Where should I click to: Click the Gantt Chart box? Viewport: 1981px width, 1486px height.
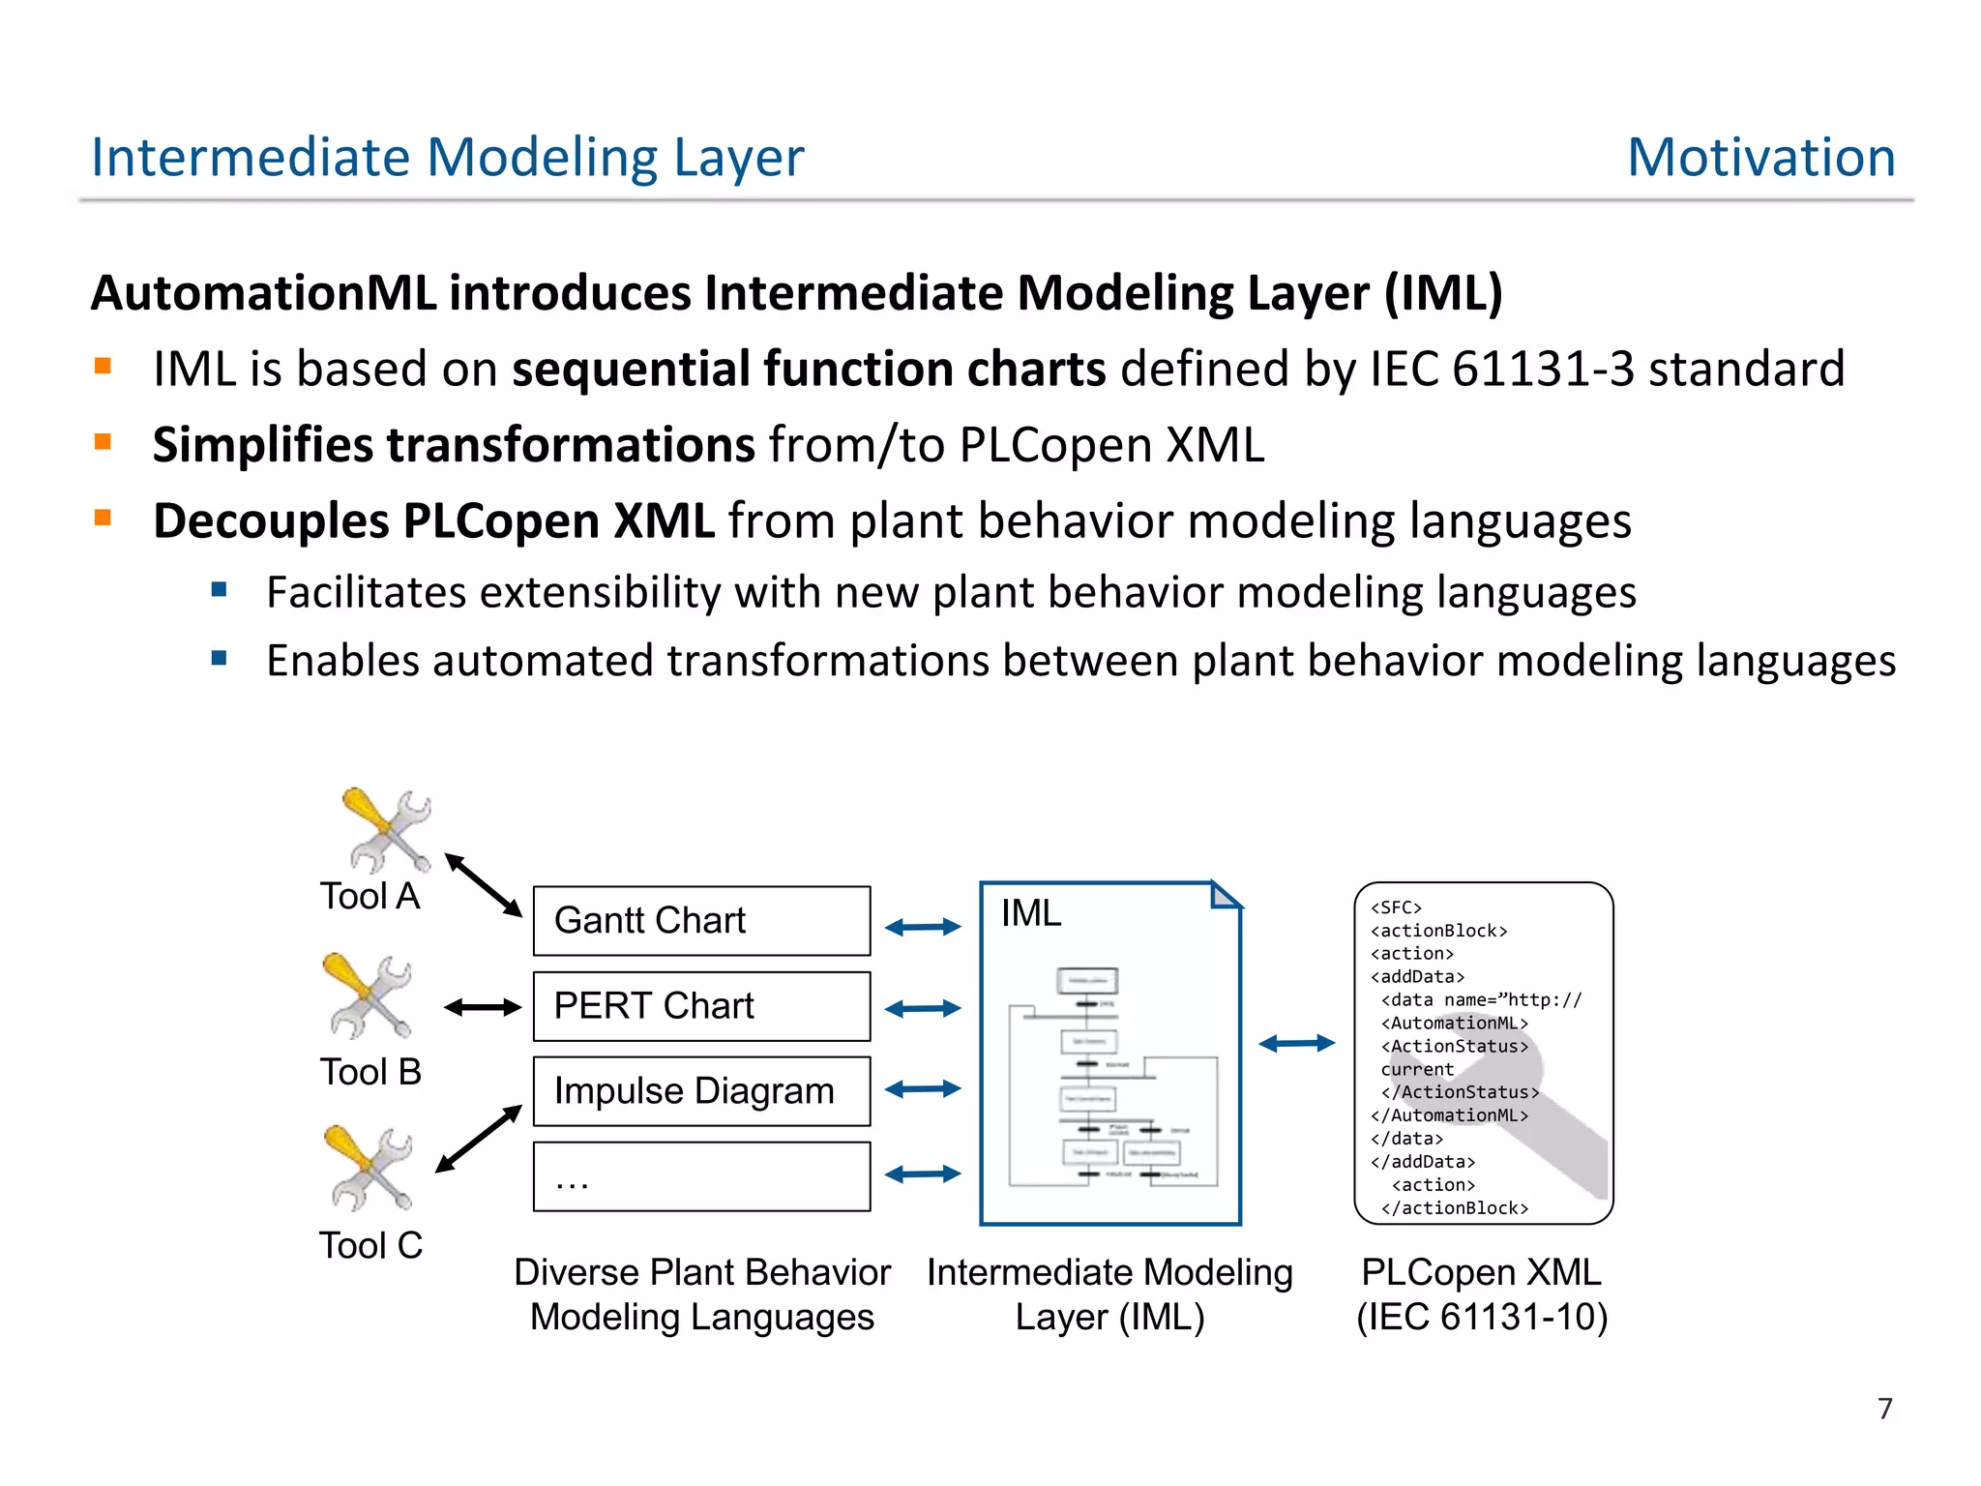pos(701,920)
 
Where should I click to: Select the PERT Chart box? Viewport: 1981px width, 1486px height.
pos(701,1006)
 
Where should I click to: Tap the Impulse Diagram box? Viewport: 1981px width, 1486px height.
pos(701,1091)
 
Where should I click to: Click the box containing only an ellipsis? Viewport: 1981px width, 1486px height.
pos(701,1176)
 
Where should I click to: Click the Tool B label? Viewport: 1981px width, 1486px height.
pos(370,1072)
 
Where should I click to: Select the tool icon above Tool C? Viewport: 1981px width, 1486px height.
pos(370,1168)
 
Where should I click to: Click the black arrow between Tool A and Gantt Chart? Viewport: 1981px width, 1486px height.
pos(483,884)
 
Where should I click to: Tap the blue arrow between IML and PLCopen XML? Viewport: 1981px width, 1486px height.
pos(1296,1043)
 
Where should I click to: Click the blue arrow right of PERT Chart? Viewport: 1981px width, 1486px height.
pos(923,1008)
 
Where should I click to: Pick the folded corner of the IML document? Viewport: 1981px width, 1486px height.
pos(1224,896)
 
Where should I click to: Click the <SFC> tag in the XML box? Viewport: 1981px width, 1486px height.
pos(1396,907)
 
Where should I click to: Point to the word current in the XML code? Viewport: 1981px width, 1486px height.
pos(1417,1069)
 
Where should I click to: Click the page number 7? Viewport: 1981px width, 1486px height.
pos(1884,1408)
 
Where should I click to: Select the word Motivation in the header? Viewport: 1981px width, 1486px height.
pos(1760,157)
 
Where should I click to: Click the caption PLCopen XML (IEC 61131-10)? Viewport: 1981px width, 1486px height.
pos(1482,1294)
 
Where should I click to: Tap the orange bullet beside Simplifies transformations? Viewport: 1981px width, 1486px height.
pos(103,443)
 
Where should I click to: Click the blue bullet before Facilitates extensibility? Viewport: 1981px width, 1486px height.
pos(220,589)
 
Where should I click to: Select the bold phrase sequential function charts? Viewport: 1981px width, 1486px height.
pos(809,370)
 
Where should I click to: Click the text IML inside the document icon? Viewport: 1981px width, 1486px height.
pos(1031,913)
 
